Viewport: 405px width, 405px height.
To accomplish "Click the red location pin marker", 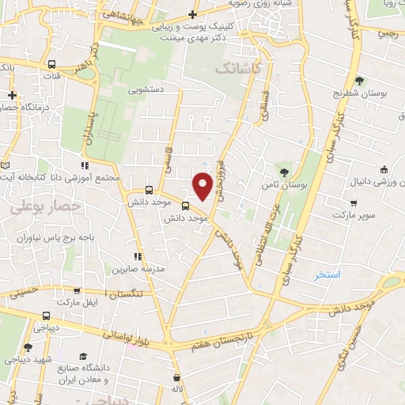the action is [202, 185].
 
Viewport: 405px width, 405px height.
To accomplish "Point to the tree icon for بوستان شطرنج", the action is [358, 81].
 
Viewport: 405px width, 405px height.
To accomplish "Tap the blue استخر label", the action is [327, 274].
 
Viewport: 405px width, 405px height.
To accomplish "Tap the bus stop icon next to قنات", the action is [51, 65].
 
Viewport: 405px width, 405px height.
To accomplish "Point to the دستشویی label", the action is [146, 90].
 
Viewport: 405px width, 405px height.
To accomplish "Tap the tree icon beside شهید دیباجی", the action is [28, 347].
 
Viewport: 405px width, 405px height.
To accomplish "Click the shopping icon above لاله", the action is [176, 377].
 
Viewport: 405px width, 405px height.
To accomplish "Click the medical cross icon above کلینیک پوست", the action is [193, 14].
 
